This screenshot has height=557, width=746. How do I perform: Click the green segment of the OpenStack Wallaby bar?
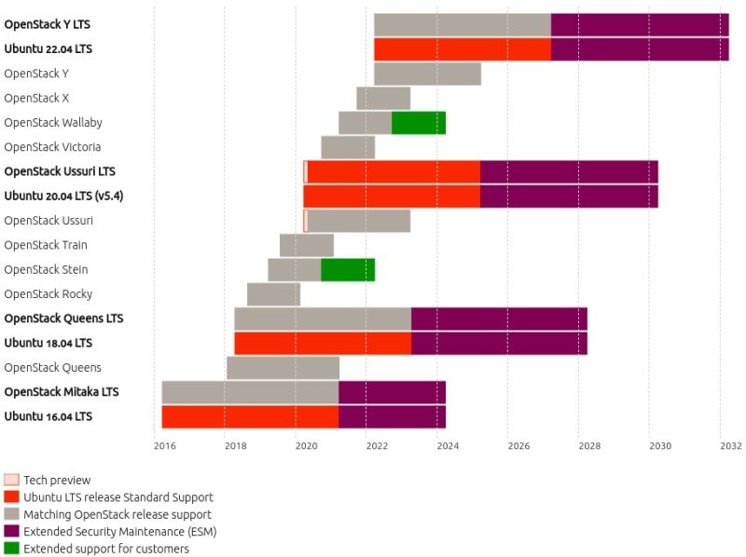pos(419,123)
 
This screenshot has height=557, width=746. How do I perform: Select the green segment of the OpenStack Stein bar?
pos(348,270)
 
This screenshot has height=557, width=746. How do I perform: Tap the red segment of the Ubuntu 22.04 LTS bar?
pos(463,49)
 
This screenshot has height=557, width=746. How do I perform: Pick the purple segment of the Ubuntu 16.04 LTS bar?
pos(392,416)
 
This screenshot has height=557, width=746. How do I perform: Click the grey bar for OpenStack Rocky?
pos(273,294)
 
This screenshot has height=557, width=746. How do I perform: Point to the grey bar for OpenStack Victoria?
pos(348,147)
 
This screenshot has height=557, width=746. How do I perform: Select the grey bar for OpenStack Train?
pos(307,245)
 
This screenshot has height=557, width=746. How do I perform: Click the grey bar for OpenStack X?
pos(383,98)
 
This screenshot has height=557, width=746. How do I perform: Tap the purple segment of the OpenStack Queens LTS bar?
pos(499,319)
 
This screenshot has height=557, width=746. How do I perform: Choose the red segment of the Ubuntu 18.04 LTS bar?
pos(323,343)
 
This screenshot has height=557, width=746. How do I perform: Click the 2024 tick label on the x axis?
pos(448,446)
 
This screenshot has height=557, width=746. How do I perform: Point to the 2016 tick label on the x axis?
pos(164,446)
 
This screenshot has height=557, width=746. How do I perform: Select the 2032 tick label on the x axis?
pos(730,446)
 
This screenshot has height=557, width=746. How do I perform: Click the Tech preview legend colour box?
pos(11,481)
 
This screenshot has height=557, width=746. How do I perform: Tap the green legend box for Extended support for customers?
pos(11,549)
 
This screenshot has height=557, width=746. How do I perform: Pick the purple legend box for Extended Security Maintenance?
pos(11,532)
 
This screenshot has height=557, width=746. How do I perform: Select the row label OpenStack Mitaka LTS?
pos(62,392)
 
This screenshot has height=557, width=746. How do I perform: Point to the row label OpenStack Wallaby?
pos(53,123)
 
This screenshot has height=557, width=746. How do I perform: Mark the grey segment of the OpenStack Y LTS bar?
pos(463,25)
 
